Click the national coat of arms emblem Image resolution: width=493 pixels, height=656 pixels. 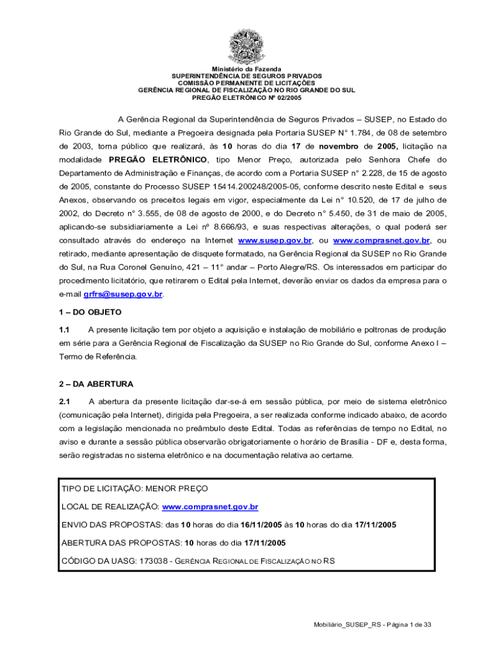(x=247, y=47)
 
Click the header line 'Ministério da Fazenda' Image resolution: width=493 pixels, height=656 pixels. (x=247, y=69)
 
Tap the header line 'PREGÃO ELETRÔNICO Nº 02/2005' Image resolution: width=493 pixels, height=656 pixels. (x=247, y=97)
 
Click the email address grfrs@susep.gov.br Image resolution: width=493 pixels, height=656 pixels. (x=123, y=294)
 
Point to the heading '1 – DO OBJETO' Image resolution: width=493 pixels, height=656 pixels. (x=90, y=311)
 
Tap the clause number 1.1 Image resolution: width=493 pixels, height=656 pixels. (x=64, y=329)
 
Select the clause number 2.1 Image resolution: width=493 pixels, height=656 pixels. (x=64, y=402)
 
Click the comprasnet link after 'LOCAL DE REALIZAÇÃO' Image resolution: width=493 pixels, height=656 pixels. (x=210, y=507)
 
